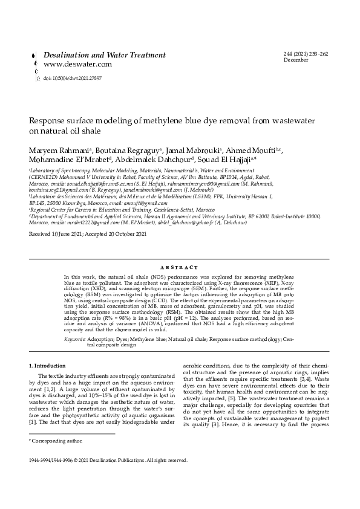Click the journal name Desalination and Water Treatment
coord(104,55)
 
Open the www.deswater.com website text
coord(77,64)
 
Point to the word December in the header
coord(296,60)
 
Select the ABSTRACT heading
coord(180,267)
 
